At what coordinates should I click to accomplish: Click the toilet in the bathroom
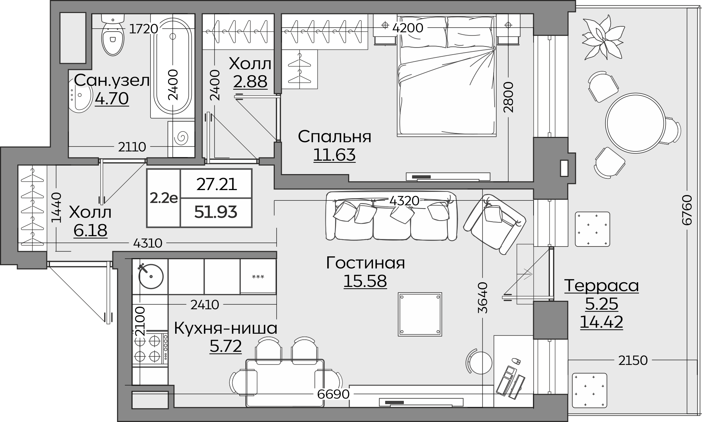coord(113,37)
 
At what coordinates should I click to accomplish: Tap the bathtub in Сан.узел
coord(173,64)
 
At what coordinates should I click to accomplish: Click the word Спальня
coord(334,137)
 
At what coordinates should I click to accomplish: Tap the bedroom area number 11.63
coord(334,155)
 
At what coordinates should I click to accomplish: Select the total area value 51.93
coord(216,212)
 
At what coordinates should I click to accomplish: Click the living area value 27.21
coord(216,184)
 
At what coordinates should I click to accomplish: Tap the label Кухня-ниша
coord(225,328)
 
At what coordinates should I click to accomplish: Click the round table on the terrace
coord(635,123)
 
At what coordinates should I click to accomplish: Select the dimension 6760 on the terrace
coord(687,210)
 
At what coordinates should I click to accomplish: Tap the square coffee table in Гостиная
coord(420,314)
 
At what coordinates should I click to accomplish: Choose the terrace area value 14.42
coord(601,322)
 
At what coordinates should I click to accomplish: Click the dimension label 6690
coord(333,394)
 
